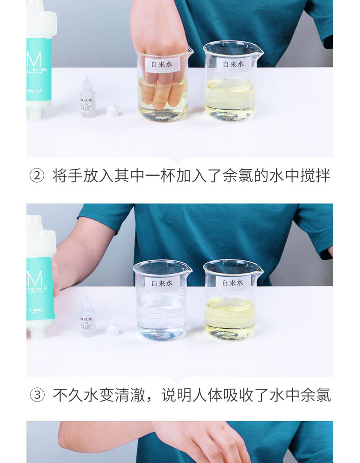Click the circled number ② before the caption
pyautogui.click(x=37, y=176)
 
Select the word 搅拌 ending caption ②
pyautogui.click(x=315, y=176)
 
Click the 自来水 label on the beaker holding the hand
pyautogui.click(x=162, y=65)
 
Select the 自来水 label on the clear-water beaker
pyautogui.click(x=162, y=283)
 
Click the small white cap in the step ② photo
pyautogui.click(x=113, y=110)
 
